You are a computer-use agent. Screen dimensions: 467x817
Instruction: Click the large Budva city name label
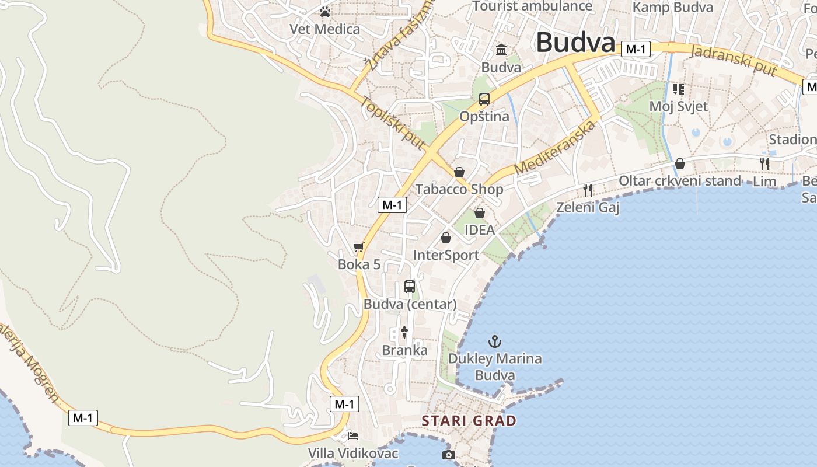click(x=575, y=43)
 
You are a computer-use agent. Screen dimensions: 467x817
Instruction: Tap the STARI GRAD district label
click(x=469, y=420)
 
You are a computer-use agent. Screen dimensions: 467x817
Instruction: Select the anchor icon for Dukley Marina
click(x=495, y=341)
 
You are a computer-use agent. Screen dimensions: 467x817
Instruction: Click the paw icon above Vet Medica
click(x=325, y=11)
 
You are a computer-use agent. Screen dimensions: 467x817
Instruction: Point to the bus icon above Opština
click(x=484, y=99)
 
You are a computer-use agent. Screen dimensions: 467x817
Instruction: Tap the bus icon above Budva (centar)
click(x=410, y=287)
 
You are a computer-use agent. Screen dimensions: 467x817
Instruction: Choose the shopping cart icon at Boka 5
click(x=359, y=248)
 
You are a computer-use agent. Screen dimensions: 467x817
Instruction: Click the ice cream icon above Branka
click(x=404, y=333)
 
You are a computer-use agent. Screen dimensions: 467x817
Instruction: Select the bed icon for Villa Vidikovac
click(x=353, y=435)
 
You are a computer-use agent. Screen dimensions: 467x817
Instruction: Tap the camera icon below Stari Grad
click(x=448, y=455)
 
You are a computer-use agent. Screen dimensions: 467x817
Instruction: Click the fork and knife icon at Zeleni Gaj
click(x=588, y=190)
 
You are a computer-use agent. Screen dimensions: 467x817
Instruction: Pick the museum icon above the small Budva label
click(x=501, y=50)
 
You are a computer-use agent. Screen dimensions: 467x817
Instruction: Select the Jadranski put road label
click(x=734, y=60)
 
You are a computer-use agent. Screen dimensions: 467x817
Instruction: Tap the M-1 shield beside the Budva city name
click(x=635, y=50)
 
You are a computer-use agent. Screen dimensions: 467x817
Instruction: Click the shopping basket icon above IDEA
click(x=479, y=213)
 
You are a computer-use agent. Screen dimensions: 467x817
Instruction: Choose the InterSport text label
click(x=446, y=255)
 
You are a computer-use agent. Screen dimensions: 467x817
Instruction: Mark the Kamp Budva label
click(x=673, y=7)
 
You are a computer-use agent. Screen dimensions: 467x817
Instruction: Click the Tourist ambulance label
click(x=532, y=6)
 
